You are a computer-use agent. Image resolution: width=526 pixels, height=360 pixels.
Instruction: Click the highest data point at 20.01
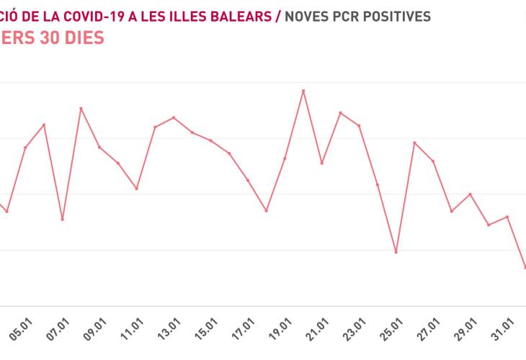303,91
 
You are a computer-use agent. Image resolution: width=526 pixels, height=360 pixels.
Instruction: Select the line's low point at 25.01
396,252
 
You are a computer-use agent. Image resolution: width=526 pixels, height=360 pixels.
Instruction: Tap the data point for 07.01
63,219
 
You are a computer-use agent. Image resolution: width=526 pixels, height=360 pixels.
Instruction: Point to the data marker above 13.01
174,117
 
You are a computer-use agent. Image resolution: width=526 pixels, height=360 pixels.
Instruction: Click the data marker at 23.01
359,126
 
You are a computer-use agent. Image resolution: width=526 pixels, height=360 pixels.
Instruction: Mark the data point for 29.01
471,194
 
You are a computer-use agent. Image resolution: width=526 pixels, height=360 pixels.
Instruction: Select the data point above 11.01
137,189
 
